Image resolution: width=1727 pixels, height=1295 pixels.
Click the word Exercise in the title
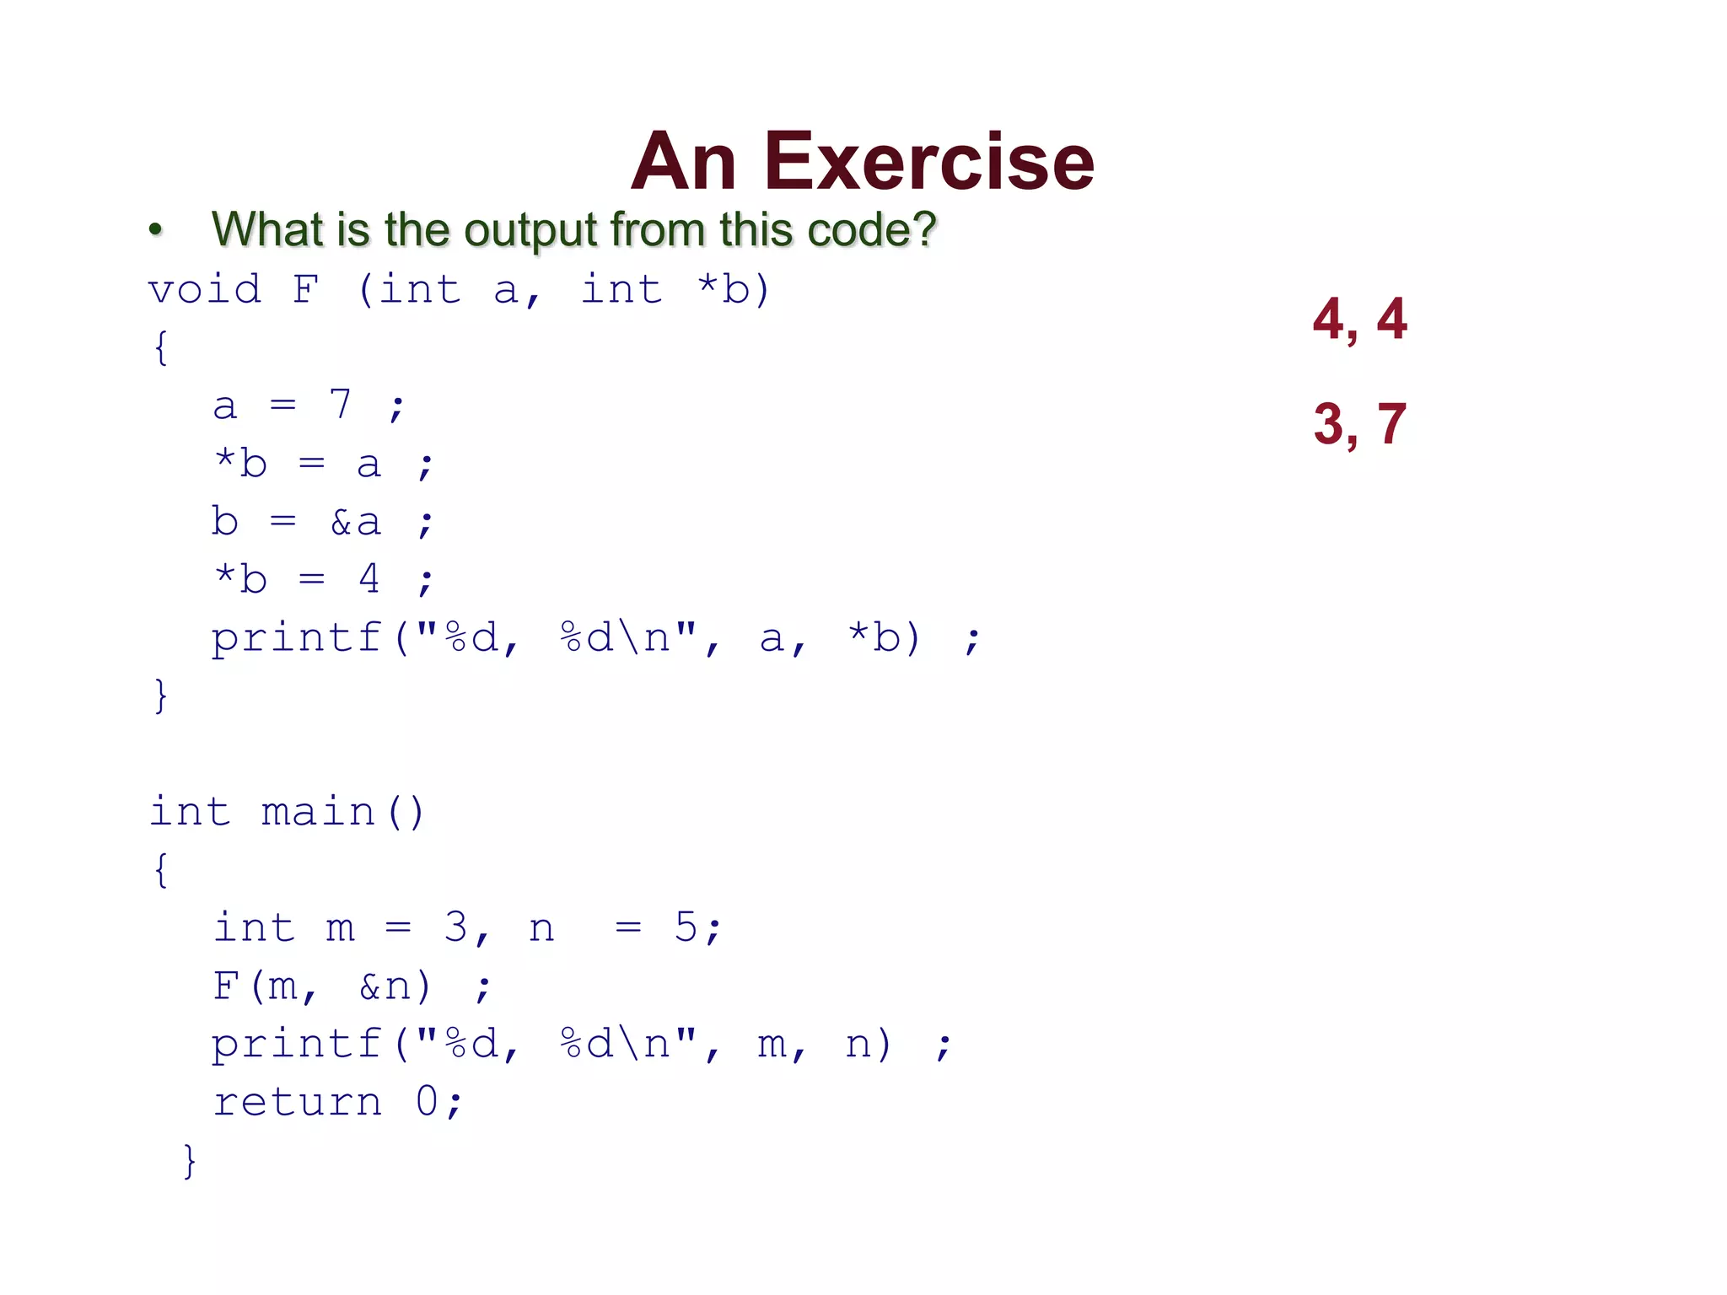pyautogui.click(x=929, y=162)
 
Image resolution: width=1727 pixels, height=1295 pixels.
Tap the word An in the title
pyautogui.click(x=684, y=162)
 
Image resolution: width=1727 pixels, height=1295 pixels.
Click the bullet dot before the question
pyautogui.click(x=155, y=229)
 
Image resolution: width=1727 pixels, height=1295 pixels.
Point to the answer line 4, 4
pyautogui.click(x=1359, y=320)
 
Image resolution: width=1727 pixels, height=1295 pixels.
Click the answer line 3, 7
pyautogui.click(x=1359, y=423)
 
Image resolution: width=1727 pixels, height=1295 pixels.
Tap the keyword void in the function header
pyautogui.click(x=205, y=290)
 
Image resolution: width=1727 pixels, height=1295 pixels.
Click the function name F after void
pyautogui.click(x=306, y=290)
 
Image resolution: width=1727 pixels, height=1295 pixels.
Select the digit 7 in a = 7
pyautogui.click(x=340, y=405)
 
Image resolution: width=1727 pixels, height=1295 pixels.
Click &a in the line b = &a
pyautogui.click(x=355, y=522)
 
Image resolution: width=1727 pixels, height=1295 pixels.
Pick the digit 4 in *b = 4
pyautogui.click(x=369, y=578)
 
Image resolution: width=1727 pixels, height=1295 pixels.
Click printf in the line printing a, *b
pyautogui.click(x=296, y=638)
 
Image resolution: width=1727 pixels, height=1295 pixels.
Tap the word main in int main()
pyautogui.click(x=319, y=812)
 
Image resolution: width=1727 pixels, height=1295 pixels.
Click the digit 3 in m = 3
pyautogui.click(x=455, y=927)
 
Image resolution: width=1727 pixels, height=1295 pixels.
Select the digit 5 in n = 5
pyautogui.click(x=686, y=927)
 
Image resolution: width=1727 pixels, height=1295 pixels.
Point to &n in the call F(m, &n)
pyautogui.click(x=385, y=986)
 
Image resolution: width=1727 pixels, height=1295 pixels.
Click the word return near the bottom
pyautogui.click(x=297, y=1102)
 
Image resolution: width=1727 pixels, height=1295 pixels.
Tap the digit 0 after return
pyautogui.click(x=427, y=1101)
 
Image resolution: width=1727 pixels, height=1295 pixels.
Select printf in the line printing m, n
pyautogui.click(x=296, y=1045)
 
